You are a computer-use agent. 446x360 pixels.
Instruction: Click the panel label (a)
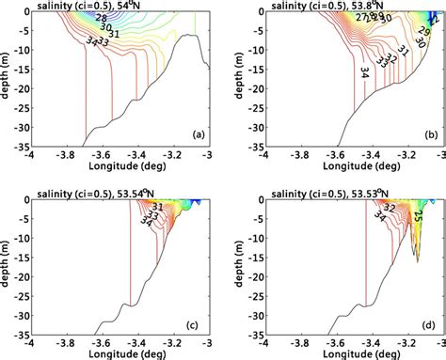[x=198, y=133]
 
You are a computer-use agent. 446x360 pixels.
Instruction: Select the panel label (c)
[x=198, y=325]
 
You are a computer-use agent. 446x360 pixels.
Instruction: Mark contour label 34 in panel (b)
[x=363, y=71]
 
